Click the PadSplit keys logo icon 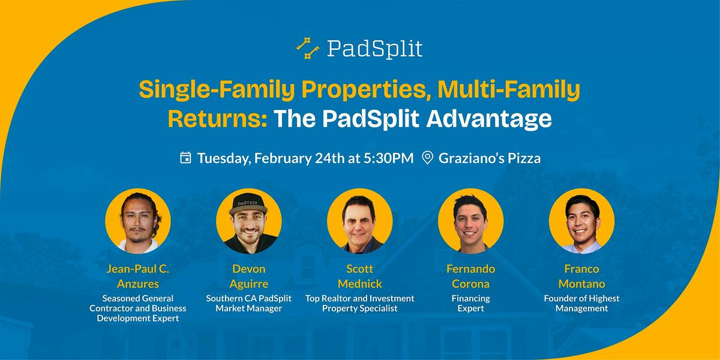pos(308,48)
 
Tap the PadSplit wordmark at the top pos(374,49)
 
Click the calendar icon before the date pos(185,158)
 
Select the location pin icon pos(427,158)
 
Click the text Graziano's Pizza pos(490,158)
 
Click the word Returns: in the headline pos(218,119)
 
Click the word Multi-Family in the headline pos(509,90)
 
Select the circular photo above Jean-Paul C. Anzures pos(138,221)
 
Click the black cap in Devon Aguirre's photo pos(248,204)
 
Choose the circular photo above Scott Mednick pos(359,221)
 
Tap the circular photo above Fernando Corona pos(470,221)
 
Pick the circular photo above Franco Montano pos(581,221)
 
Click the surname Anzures pos(138,284)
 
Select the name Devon pos(249,269)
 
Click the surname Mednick pos(359,284)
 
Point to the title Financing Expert pos(470,303)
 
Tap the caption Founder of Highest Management pos(581,303)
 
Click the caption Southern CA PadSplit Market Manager pos(249,303)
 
